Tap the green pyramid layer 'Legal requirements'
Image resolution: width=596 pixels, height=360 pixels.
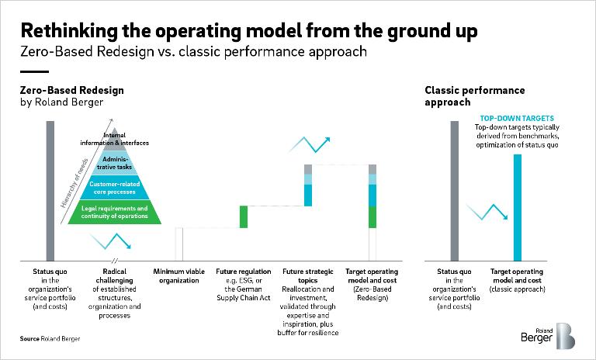115,213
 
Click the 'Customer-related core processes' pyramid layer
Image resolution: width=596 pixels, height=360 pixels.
115,188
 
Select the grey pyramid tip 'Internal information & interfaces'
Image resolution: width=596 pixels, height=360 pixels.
115,140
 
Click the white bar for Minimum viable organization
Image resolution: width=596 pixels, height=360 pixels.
178,244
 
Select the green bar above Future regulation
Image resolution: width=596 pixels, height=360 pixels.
243,216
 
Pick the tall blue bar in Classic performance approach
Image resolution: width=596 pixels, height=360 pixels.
518,207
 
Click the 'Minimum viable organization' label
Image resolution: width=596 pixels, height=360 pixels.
178,276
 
